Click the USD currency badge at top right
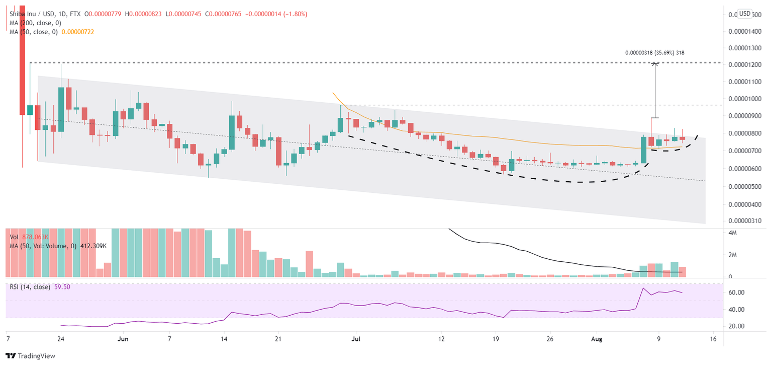point(745,14)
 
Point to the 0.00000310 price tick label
point(743,221)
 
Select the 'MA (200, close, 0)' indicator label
point(34,23)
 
